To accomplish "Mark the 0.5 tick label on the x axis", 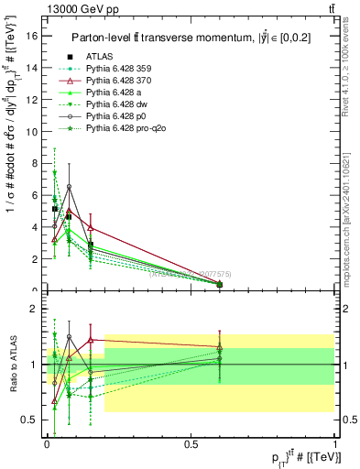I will click(191, 444).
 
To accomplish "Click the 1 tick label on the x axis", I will click(334, 444).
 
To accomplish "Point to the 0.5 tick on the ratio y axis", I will click(31, 420).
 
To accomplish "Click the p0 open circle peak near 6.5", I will click(69, 187).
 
